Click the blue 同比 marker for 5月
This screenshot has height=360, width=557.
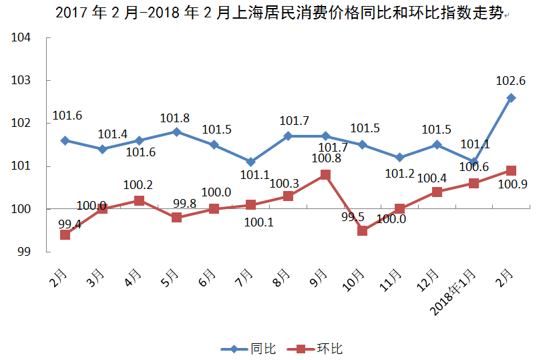176,132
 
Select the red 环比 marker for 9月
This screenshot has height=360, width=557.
325,175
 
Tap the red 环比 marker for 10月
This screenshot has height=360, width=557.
363,230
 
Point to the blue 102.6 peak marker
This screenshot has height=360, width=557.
511,98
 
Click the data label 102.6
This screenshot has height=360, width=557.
510,81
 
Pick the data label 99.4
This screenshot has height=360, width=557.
69,224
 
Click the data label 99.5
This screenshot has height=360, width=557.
353,216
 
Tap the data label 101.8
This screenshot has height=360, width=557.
175,118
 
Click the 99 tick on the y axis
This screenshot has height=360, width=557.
25,252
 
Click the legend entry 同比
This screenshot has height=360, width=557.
249,349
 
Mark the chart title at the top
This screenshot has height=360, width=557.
278,13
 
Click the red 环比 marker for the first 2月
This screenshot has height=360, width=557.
65,234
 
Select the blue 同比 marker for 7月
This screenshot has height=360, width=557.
250,162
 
